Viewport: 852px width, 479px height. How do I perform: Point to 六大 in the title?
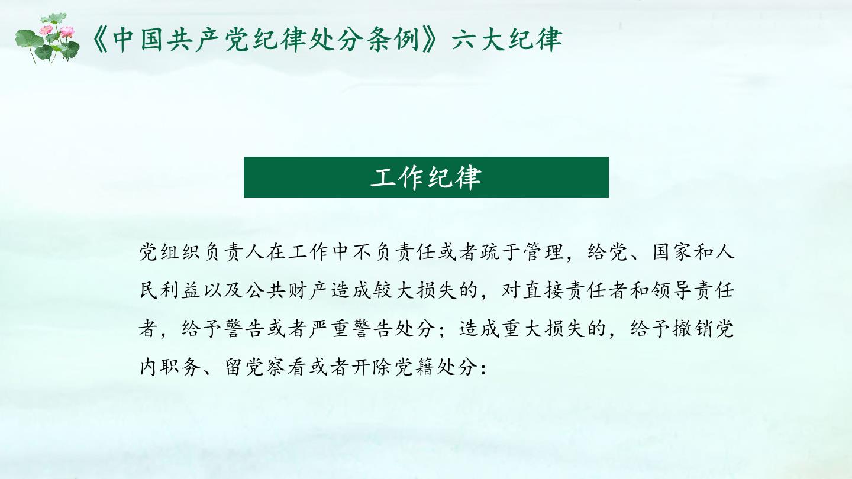click(480, 40)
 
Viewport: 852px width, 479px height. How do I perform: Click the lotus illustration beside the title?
click(47, 38)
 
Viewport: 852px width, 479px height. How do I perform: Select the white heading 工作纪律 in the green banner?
click(426, 177)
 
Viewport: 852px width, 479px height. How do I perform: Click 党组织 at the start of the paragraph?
click(171, 252)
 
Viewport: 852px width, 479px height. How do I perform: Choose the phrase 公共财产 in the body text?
click(288, 291)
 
